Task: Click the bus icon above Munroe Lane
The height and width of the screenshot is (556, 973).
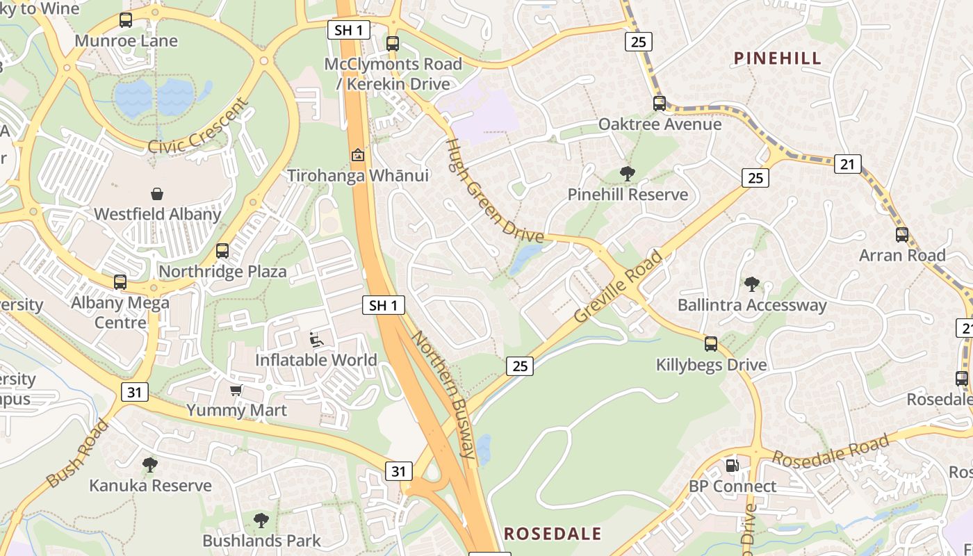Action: (x=126, y=20)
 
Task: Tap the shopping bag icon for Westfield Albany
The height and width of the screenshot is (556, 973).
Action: (x=157, y=193)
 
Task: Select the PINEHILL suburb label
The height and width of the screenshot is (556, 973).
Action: (x=778, y=58)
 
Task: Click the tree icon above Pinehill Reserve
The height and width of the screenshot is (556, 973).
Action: (x=628, y=174)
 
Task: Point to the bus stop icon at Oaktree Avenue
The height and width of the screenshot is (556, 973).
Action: (x=660, y=104)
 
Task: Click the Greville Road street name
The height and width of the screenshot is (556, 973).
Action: (x=619, y=286)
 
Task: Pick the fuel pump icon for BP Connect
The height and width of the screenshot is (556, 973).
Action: (x=732, y=466)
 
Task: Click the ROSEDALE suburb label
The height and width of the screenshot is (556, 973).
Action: (x=553, y=534)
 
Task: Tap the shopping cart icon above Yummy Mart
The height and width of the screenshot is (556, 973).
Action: (x=236, y=390)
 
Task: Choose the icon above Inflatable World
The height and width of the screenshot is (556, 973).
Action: (x=316, y=340)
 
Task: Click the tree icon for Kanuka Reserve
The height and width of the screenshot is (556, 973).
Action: (x=149, y=464)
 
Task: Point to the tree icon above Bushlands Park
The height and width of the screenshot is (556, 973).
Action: (x=261, y=520)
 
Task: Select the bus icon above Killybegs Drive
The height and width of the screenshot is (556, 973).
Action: (x=711, y=344)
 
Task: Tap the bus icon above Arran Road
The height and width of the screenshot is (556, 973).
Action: (x=902, y=235)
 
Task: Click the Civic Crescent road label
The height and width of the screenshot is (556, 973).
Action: (x=199, y=126)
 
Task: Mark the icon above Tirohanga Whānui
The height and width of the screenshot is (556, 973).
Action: (x=358, y=155)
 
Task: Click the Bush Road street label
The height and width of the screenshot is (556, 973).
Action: (x=78, y=452)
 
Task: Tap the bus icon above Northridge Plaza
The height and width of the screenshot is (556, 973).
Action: (x=222, y=251)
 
